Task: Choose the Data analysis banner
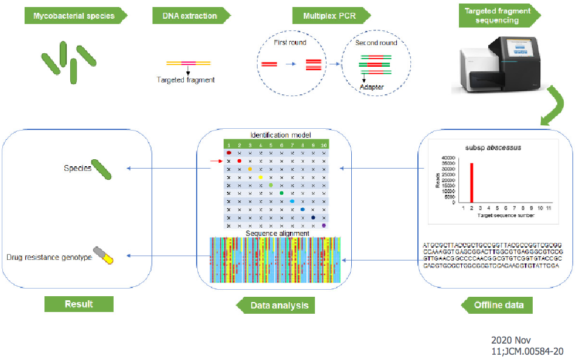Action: tap(273, 305)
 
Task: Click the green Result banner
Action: tap(78, 304)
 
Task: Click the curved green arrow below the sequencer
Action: tap(553, 108)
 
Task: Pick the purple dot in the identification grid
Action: tap(324, 225)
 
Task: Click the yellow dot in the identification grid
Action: tap(260, 176)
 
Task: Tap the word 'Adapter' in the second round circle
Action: tap(372, 87)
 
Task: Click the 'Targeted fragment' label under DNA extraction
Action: tap(186, 80)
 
